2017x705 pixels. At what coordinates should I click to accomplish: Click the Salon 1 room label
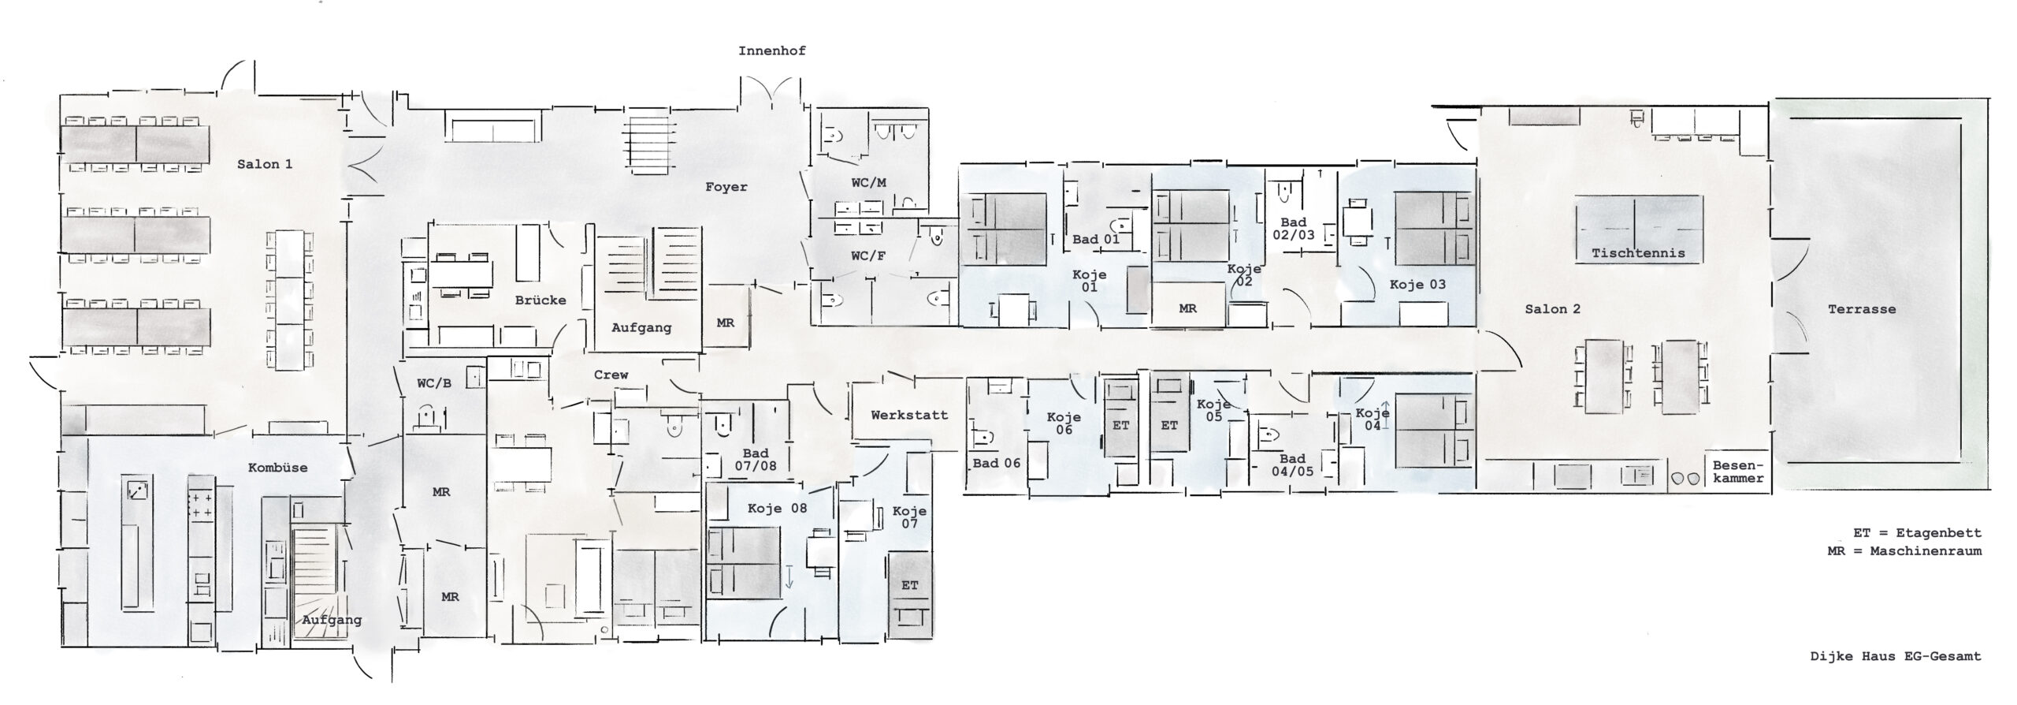click(265, 164)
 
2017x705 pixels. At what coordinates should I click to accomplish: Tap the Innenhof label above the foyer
click(771, 51)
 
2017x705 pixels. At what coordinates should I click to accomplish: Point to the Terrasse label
click(1862, 309)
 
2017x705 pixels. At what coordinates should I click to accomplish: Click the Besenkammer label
click(1738, 472)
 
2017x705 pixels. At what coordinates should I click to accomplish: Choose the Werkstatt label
click(909, 415)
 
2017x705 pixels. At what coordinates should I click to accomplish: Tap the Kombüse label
click(277, 467)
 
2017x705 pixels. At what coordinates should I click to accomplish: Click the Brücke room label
click(540, 300)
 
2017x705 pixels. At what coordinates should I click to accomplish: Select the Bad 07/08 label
click(756, 459)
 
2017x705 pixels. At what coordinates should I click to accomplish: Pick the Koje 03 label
click(1417, 285)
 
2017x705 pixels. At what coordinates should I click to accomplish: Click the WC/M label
click(868, 183)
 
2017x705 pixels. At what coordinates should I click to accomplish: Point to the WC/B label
click(433, 383)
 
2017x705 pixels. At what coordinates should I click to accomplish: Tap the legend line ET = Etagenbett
click(1917, 533)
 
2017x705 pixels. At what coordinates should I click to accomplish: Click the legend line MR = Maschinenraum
click(1904, 551)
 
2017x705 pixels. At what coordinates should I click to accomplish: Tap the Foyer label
click(726, 187)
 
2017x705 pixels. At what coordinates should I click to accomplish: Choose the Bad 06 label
click(997, 463)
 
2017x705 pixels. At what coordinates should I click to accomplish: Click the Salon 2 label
click(1552, 309)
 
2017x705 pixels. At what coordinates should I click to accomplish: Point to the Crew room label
click(611, 375)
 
